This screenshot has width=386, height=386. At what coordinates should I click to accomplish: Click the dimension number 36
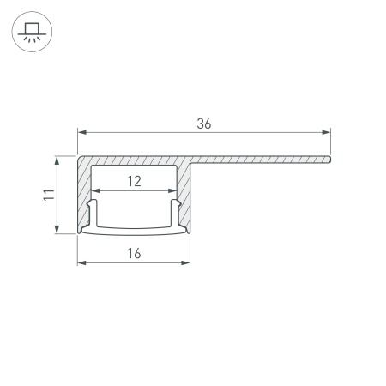pyautogui.click(x=203, y=124)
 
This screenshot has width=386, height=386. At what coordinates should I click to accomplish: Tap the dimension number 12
pyautogui.click(x=134, y=181)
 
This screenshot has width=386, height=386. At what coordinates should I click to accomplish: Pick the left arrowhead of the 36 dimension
pyautogui.click(x=82, y=132)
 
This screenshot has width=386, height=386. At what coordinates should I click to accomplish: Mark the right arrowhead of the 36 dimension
pyautogui.click(x=326, y=132)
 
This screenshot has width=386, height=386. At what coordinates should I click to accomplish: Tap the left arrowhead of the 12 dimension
pyautogui.click(x=95, y=191)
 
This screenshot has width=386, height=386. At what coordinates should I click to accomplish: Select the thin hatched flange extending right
pyautogui.click(x=257, y=159)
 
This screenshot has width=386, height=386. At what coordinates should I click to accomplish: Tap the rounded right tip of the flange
pyautogui.click(x=329, y=159)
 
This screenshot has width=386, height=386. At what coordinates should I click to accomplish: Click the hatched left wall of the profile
pyautogui.click(x=84, y=193)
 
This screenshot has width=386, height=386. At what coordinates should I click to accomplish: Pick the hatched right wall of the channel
pyautogui.click(x=184, y=193)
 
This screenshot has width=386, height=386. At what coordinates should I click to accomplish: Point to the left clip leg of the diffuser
pyautogui.click(x=93, y=213)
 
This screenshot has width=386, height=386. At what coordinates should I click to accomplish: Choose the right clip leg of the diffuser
pyautogui.click(x=175, y=213)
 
